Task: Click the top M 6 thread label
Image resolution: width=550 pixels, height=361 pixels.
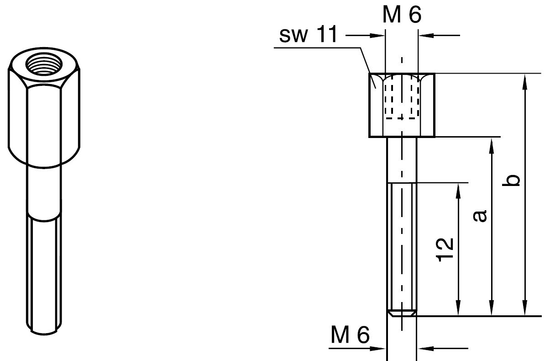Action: pos(402,15)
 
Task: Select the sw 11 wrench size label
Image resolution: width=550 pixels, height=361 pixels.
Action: pos(309,36)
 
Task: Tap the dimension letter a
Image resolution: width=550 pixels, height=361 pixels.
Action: pos(480,216)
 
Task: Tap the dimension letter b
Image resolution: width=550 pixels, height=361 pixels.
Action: pos(513,180)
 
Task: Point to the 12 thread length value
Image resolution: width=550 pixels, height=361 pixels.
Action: pos(445,250)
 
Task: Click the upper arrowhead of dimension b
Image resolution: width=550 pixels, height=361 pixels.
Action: pos(525,80)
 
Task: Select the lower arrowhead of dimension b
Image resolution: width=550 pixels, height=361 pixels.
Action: pos(525,310)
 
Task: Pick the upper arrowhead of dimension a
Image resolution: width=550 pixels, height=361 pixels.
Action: pos(492,143)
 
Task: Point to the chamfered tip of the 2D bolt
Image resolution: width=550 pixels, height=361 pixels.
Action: pos(402,313)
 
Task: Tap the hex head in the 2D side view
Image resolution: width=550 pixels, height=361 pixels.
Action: pos(402,105)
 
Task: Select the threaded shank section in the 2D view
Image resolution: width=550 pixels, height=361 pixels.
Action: pos(402,247)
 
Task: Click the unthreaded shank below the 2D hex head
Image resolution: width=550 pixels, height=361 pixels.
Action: pos(402,160)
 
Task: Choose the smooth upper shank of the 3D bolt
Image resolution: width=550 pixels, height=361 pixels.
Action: pos(44,190)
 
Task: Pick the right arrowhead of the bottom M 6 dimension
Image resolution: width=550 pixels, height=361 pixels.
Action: pos(422,349)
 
